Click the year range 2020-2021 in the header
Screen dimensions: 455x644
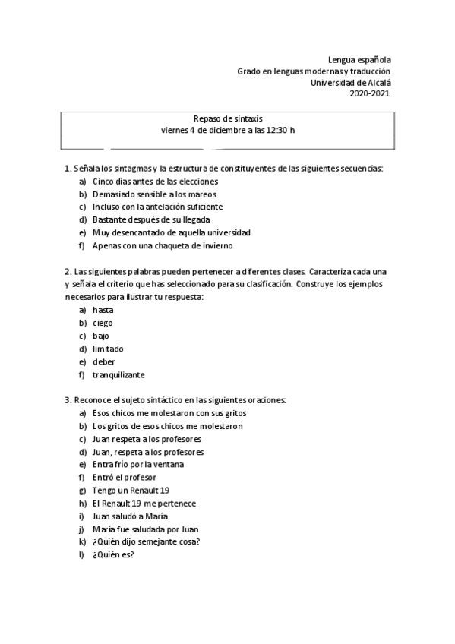(x=370, y=93)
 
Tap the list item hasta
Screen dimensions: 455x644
(x=103, y=310)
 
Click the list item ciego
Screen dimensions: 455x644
(x=103, y=323)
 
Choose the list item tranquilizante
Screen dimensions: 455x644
(x=118, y=374)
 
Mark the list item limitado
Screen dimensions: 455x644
(x=108, y=349)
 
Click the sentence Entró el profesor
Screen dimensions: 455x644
(x=124, y=477)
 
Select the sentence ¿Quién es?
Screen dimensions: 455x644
(x=113, y=554)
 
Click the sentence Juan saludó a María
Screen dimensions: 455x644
(x=130, y=516)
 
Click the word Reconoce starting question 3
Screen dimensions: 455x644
(x=93, y=400)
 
